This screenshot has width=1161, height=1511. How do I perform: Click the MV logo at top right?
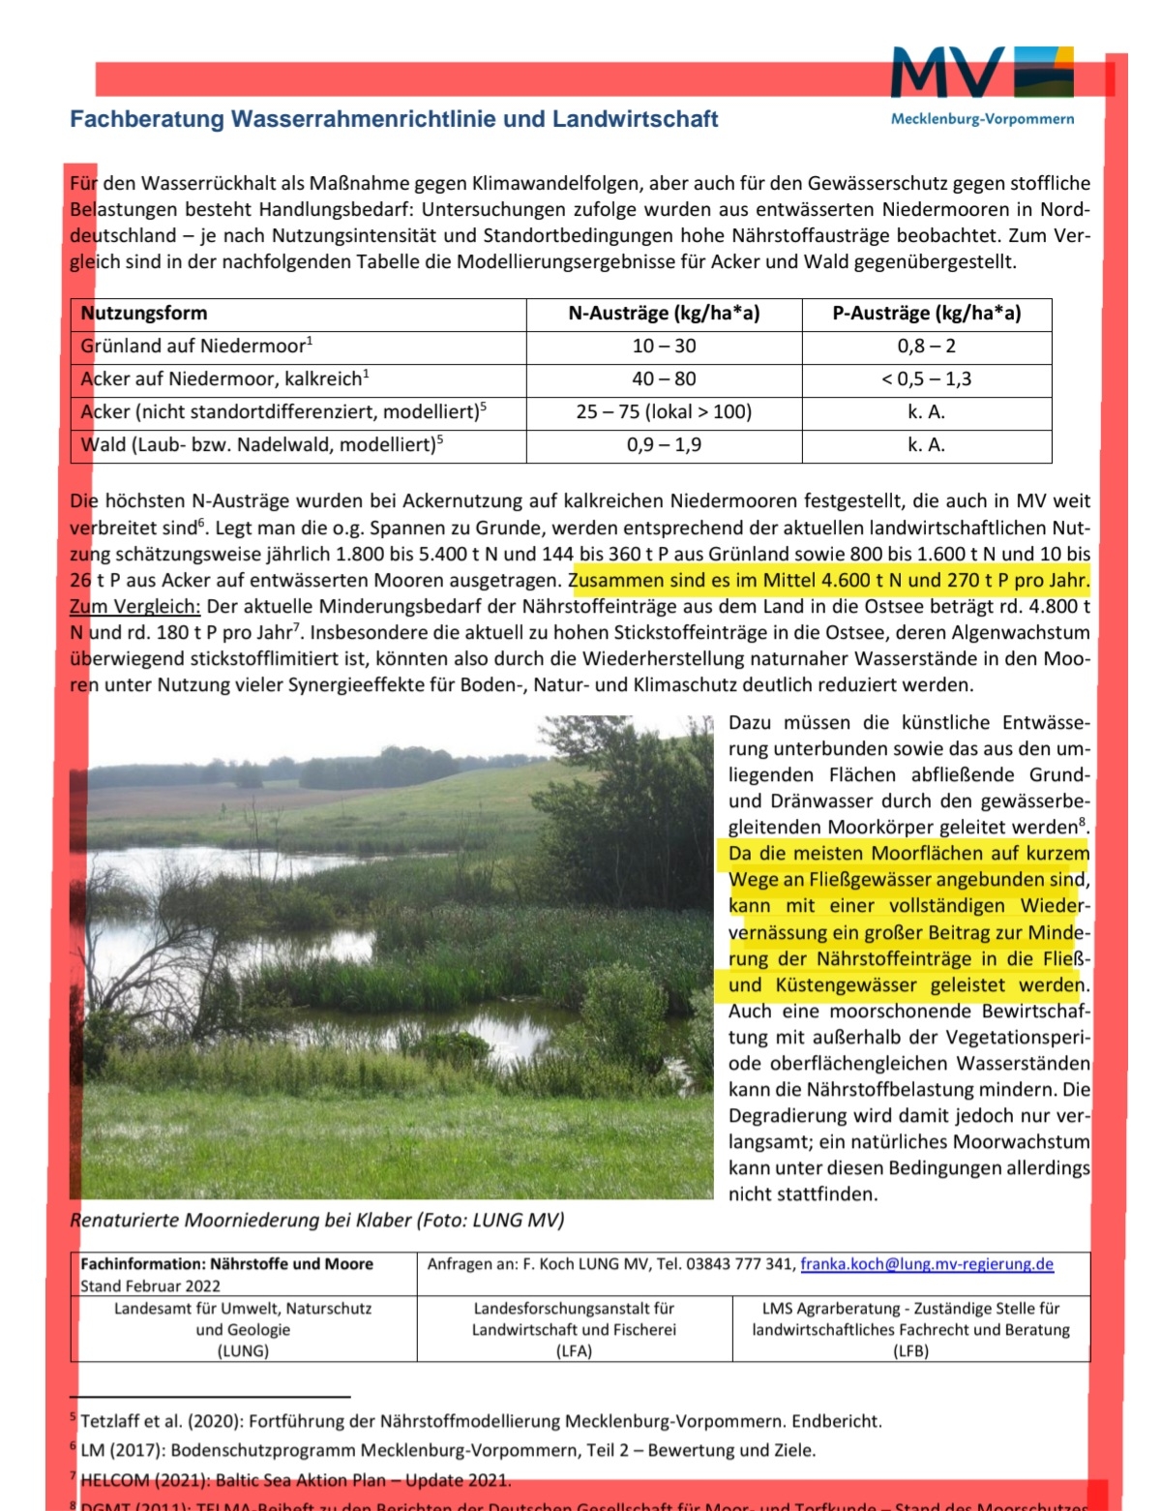[x=981, y=73]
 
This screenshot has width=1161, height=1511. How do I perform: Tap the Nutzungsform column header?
[x=144, y=314]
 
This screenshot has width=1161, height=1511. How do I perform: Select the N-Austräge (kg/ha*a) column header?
[x=664, y=314]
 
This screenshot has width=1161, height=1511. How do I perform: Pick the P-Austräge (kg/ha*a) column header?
[x=926, y=314]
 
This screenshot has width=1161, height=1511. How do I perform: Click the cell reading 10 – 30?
[x=664, y=347]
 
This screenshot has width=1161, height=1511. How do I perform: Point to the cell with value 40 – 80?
[x=664, y=379]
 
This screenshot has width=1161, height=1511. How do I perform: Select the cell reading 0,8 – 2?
[x=926, y=347]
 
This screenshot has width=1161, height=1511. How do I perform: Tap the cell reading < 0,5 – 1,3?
[x=926, y=379]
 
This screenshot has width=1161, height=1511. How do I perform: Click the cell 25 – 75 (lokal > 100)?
[x=664, y=412]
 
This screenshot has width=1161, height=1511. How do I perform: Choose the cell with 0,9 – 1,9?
[x=664, y=445]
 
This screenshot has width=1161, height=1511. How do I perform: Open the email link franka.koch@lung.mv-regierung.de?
[x=927, y=1264]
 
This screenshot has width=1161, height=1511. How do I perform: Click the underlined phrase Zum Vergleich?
[x=135, y=607]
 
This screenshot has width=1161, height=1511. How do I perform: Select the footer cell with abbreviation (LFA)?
[x=574, y=1351]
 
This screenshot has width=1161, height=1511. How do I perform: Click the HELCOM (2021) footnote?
[x=295, y=1480]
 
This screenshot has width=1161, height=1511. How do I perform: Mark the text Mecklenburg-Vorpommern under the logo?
[x=982, y=119]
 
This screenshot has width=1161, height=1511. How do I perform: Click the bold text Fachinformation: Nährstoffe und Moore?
[x=226, y=1264]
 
